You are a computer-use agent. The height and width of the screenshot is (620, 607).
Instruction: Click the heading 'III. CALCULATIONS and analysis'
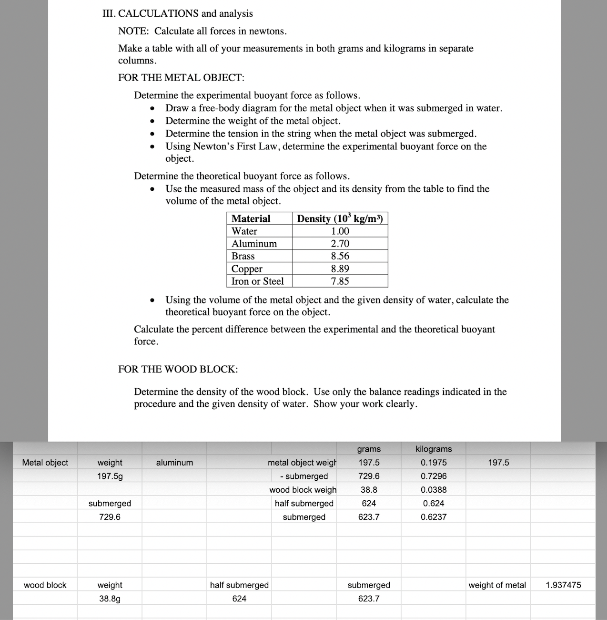pyautogui.click(x=178, y=13)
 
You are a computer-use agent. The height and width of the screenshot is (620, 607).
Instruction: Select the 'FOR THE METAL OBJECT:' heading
pyautogui.click(x=181, y=77)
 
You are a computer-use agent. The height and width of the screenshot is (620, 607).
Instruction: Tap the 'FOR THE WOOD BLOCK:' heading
pyautogui.click(x=178, y=369)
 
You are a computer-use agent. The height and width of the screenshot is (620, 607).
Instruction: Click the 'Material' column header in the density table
pyautogui.click(x=251, y=218)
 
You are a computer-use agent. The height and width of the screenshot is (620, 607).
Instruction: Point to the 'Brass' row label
pyautogui.click(x=243, y=256)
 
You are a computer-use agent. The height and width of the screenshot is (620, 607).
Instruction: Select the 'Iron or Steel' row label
pyautogui.click(x=257, y=281)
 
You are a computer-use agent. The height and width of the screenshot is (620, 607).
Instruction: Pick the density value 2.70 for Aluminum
pyautogui.click(x=340, y=244)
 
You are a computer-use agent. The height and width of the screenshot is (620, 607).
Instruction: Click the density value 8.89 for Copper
pyautogui.click(x=340, y=269)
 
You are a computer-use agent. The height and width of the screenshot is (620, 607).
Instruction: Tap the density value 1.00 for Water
pyautogui.click(x=340, y=231)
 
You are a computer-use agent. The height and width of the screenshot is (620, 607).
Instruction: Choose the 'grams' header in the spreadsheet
pyautogui.click(x=369, y=449)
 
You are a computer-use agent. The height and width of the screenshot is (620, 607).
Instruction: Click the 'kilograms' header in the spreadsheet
pyautogui.click(x=434, y=449)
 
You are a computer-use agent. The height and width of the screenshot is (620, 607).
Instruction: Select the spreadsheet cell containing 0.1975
pyautogui.click(x=434, y=463)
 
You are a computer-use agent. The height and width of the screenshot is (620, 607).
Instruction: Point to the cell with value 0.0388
pyautogui.click(x=434, y=490)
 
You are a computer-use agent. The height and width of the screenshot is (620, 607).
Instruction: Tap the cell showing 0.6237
pyautogui.click(x=434, y=517)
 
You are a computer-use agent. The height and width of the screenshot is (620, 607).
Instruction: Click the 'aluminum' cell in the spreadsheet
pyautogui.click(x=174, y=463)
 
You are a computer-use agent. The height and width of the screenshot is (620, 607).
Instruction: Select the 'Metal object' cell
pyautogui.click(x=45, y=463)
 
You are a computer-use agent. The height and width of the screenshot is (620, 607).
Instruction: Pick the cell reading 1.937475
pyautogui.click(x=563, y=585)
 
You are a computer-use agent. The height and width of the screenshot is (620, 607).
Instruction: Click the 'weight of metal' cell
pyautogui.click(x=497, y=585)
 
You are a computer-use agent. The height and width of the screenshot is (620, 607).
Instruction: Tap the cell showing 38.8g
pyautogui.click(x=110, y=599)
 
